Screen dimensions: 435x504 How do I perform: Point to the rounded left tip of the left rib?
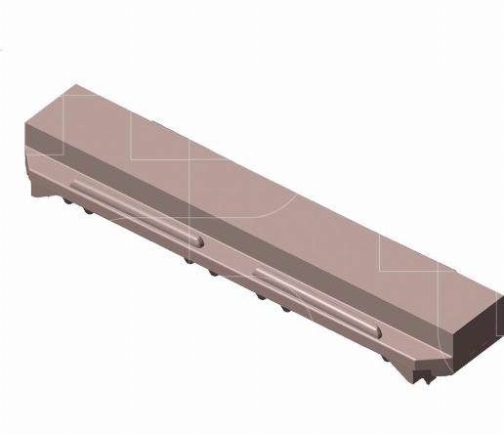[71, 184]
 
